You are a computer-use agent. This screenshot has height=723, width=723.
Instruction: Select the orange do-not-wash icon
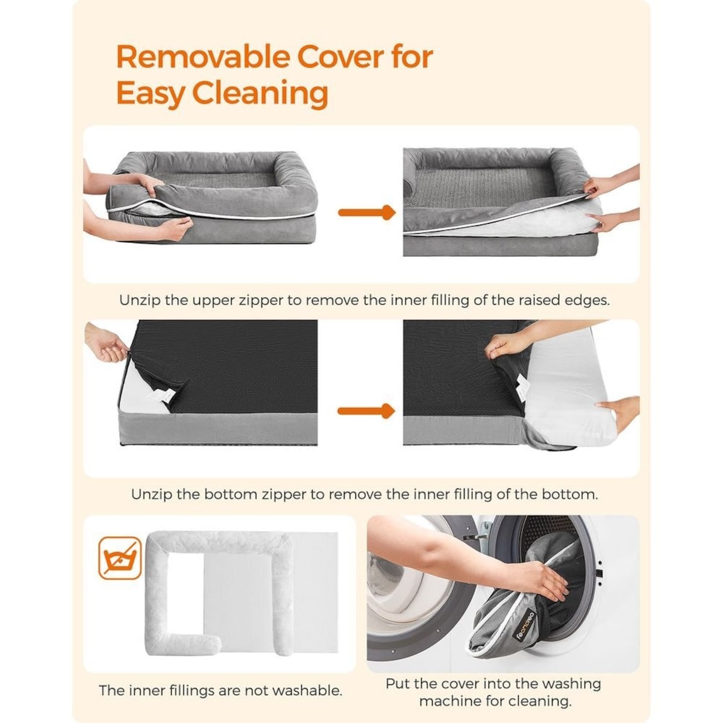tap(120, 557)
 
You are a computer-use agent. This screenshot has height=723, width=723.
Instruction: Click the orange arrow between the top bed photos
tap(366, 213)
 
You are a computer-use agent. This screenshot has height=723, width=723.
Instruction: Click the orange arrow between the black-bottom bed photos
tap(366, 412)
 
